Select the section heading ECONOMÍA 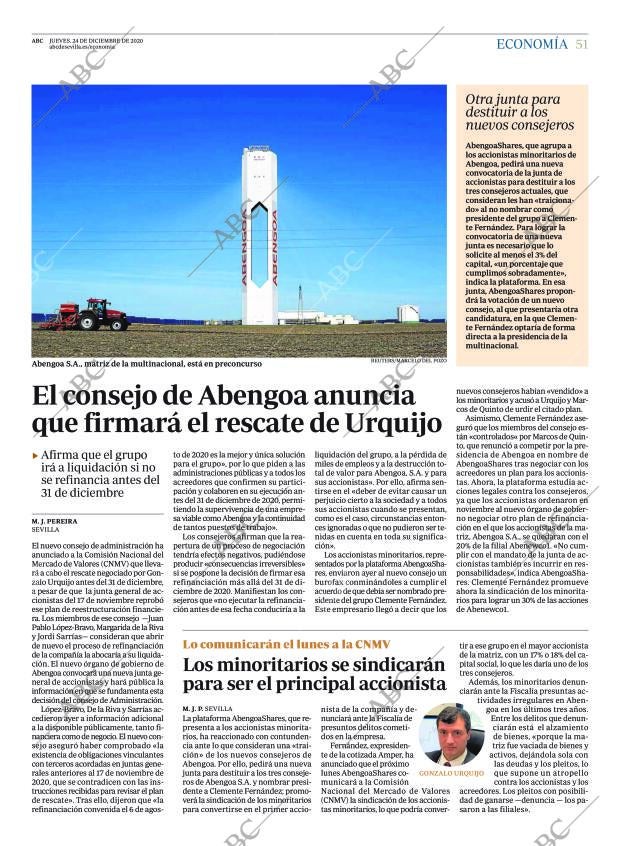coord(531,44)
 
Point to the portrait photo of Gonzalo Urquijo coord(446,732)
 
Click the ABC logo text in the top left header coord(37,40)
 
